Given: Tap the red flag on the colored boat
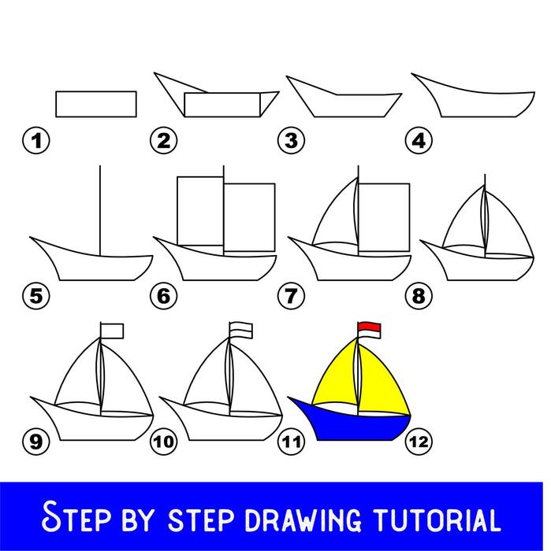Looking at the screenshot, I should pyautogui.click(x=369, y=327).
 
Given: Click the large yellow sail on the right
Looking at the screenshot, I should pyautogui.click(x=384, y=378).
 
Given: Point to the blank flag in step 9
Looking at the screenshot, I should pyautogui.click(x=115, y=329).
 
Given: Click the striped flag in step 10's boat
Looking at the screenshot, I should pyautogui.click(x=240, y=328).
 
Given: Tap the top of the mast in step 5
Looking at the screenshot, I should pyautogui.click(x=99, y=168).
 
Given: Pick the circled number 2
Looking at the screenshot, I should pyautogui.click(x=163, y=142).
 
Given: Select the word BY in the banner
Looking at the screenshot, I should pyautogui.click(x=146, y=520).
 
